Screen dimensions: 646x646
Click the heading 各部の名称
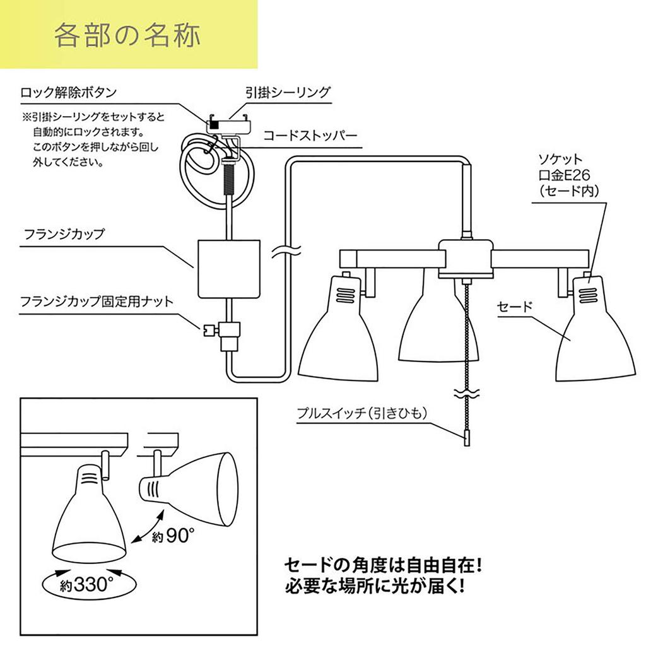(x=127, y=35)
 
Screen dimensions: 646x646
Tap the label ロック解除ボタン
(x=68, y=92)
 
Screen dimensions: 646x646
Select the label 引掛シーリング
(x=288, y=92)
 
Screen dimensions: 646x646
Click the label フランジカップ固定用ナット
(x=97, y=302)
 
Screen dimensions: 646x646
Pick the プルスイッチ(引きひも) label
(x=362, y=413)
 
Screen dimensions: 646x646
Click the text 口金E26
(x=564, y=175)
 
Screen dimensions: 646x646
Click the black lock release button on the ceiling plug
(x=213, y=124)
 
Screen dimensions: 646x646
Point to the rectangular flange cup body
(x=229, y=269)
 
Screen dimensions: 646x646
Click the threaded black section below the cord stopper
(x=228, y=179)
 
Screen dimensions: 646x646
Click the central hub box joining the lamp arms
(x=466, y=258)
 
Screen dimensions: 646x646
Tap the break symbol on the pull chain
(x=467, y=393)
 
